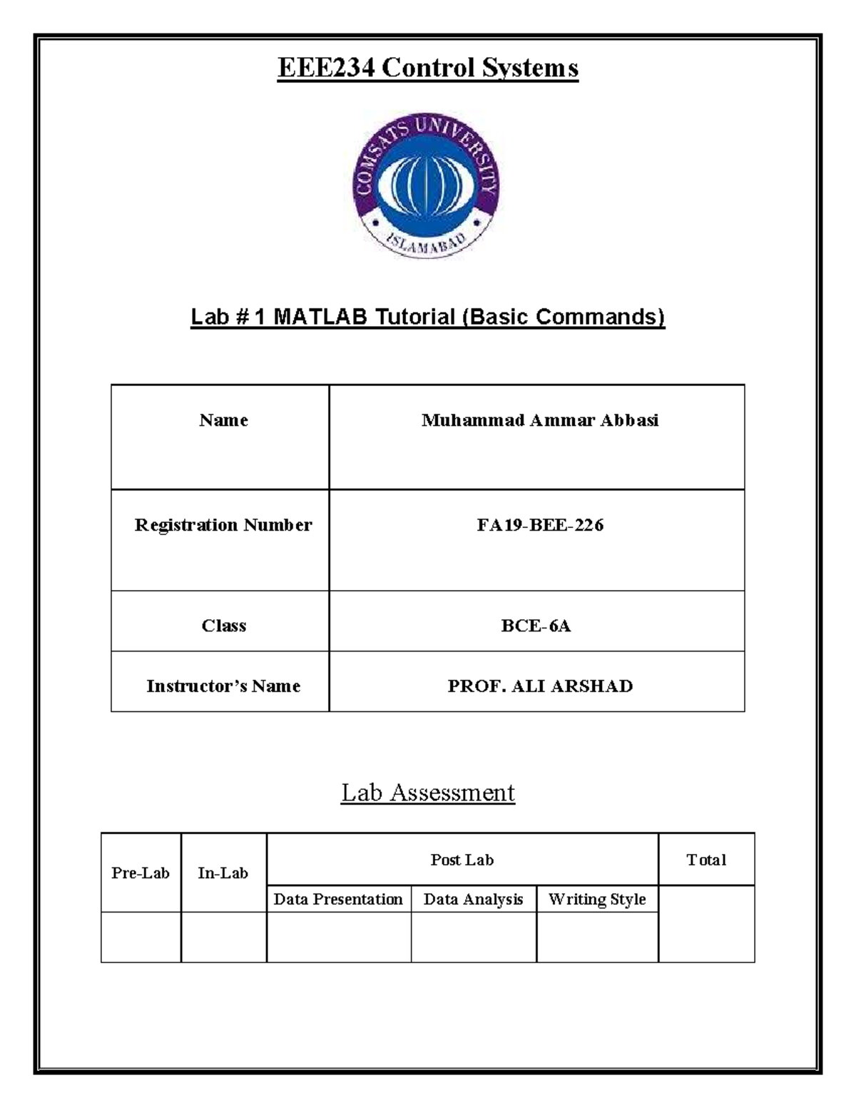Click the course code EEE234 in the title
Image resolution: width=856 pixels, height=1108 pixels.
[325, 68]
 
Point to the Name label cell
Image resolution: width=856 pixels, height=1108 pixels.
[223, 420]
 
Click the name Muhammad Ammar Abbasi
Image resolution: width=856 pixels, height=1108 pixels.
[539, 420]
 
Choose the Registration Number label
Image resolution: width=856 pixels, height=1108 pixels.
[223, 525]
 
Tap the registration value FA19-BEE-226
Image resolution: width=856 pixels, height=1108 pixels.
[539, 525]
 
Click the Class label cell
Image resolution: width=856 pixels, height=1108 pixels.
[223, 626]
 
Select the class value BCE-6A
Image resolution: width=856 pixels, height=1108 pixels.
[536, 626]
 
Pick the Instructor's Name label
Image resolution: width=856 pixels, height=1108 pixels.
[223, 686]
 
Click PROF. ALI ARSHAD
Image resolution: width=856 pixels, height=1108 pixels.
[539, 686]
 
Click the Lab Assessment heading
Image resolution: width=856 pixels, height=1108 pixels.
[428, 793]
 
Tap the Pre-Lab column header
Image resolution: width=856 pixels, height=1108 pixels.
[141, 873]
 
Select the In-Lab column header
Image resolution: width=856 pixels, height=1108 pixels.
[223, 873]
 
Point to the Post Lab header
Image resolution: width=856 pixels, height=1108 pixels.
[462, 860]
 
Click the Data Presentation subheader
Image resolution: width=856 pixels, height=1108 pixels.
[338, 900]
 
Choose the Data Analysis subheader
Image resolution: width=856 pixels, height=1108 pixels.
[473, 900]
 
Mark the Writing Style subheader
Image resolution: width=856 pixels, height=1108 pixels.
[597, 900]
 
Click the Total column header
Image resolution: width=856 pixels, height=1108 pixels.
[705, 860]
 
